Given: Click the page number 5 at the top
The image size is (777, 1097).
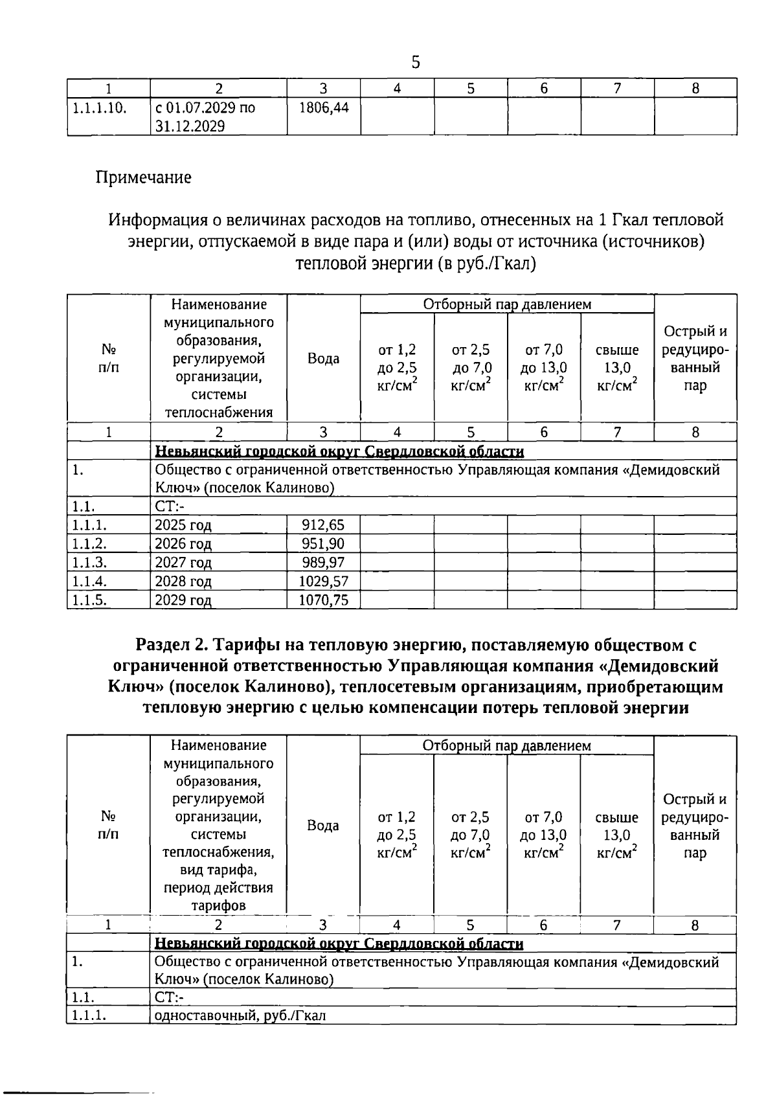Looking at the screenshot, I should point(415,63).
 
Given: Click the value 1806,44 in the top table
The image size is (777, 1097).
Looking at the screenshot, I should point(323,107).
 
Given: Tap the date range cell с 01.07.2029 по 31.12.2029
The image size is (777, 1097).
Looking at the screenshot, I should point(205,117).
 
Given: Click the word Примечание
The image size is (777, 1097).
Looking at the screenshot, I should point(143,177).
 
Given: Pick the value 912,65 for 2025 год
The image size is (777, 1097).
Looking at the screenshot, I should point(323,525).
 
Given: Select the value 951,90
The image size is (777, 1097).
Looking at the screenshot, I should point(323,543).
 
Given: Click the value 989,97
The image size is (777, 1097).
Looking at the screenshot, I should point(323,562).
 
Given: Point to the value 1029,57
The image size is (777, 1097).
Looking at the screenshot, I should point(323,581).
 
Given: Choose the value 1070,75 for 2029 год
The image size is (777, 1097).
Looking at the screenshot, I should point(323,600).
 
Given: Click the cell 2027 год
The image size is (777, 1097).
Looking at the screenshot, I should point(183,562).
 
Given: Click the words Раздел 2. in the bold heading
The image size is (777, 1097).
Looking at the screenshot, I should point(172,645).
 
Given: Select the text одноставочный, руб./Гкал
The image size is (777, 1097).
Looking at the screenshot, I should point(240,1015).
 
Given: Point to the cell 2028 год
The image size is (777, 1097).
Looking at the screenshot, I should point(183,581).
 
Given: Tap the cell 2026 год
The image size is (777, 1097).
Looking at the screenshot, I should point(183,543).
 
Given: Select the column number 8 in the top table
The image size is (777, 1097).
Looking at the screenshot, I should point(695,89).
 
